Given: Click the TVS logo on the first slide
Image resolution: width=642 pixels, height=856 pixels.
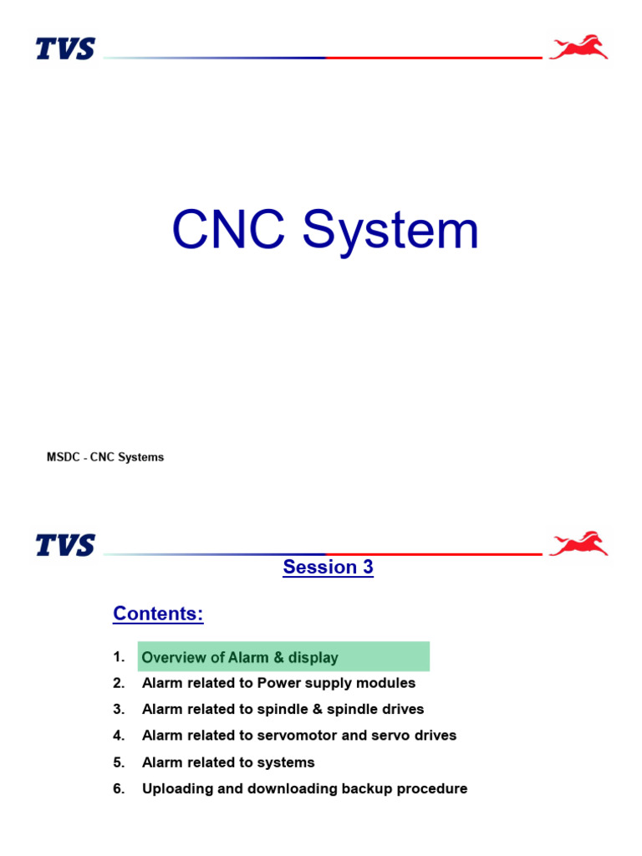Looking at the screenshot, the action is [65, 49].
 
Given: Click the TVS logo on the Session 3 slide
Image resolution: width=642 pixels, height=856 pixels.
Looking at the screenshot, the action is [65, 546].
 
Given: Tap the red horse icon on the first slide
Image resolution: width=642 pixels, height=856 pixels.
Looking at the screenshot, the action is [578, 48].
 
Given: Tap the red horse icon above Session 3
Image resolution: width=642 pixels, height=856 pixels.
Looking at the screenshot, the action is [578, 544].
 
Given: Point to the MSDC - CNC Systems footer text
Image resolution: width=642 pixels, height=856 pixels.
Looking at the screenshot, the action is [105, 457].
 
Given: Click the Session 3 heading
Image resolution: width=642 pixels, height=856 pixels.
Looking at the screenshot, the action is [328, 568].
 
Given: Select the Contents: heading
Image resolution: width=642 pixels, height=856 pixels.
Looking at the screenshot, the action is [158, 614].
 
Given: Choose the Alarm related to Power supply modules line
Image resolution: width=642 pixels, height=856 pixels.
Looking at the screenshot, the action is [278, 683].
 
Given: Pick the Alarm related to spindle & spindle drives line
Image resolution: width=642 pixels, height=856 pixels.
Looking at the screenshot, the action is [283, 710].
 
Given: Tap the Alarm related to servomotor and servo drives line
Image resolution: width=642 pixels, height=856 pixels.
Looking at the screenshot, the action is [299, 736].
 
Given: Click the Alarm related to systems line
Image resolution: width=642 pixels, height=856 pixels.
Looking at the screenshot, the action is [228, 762].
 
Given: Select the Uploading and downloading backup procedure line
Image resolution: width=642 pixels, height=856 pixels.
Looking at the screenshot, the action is [304, 788].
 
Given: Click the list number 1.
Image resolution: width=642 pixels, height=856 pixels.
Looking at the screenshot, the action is [119, 657].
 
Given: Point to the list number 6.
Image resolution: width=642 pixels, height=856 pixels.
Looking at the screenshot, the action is [119, 788].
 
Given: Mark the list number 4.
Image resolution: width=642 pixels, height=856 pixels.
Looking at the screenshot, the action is [119, 736].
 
